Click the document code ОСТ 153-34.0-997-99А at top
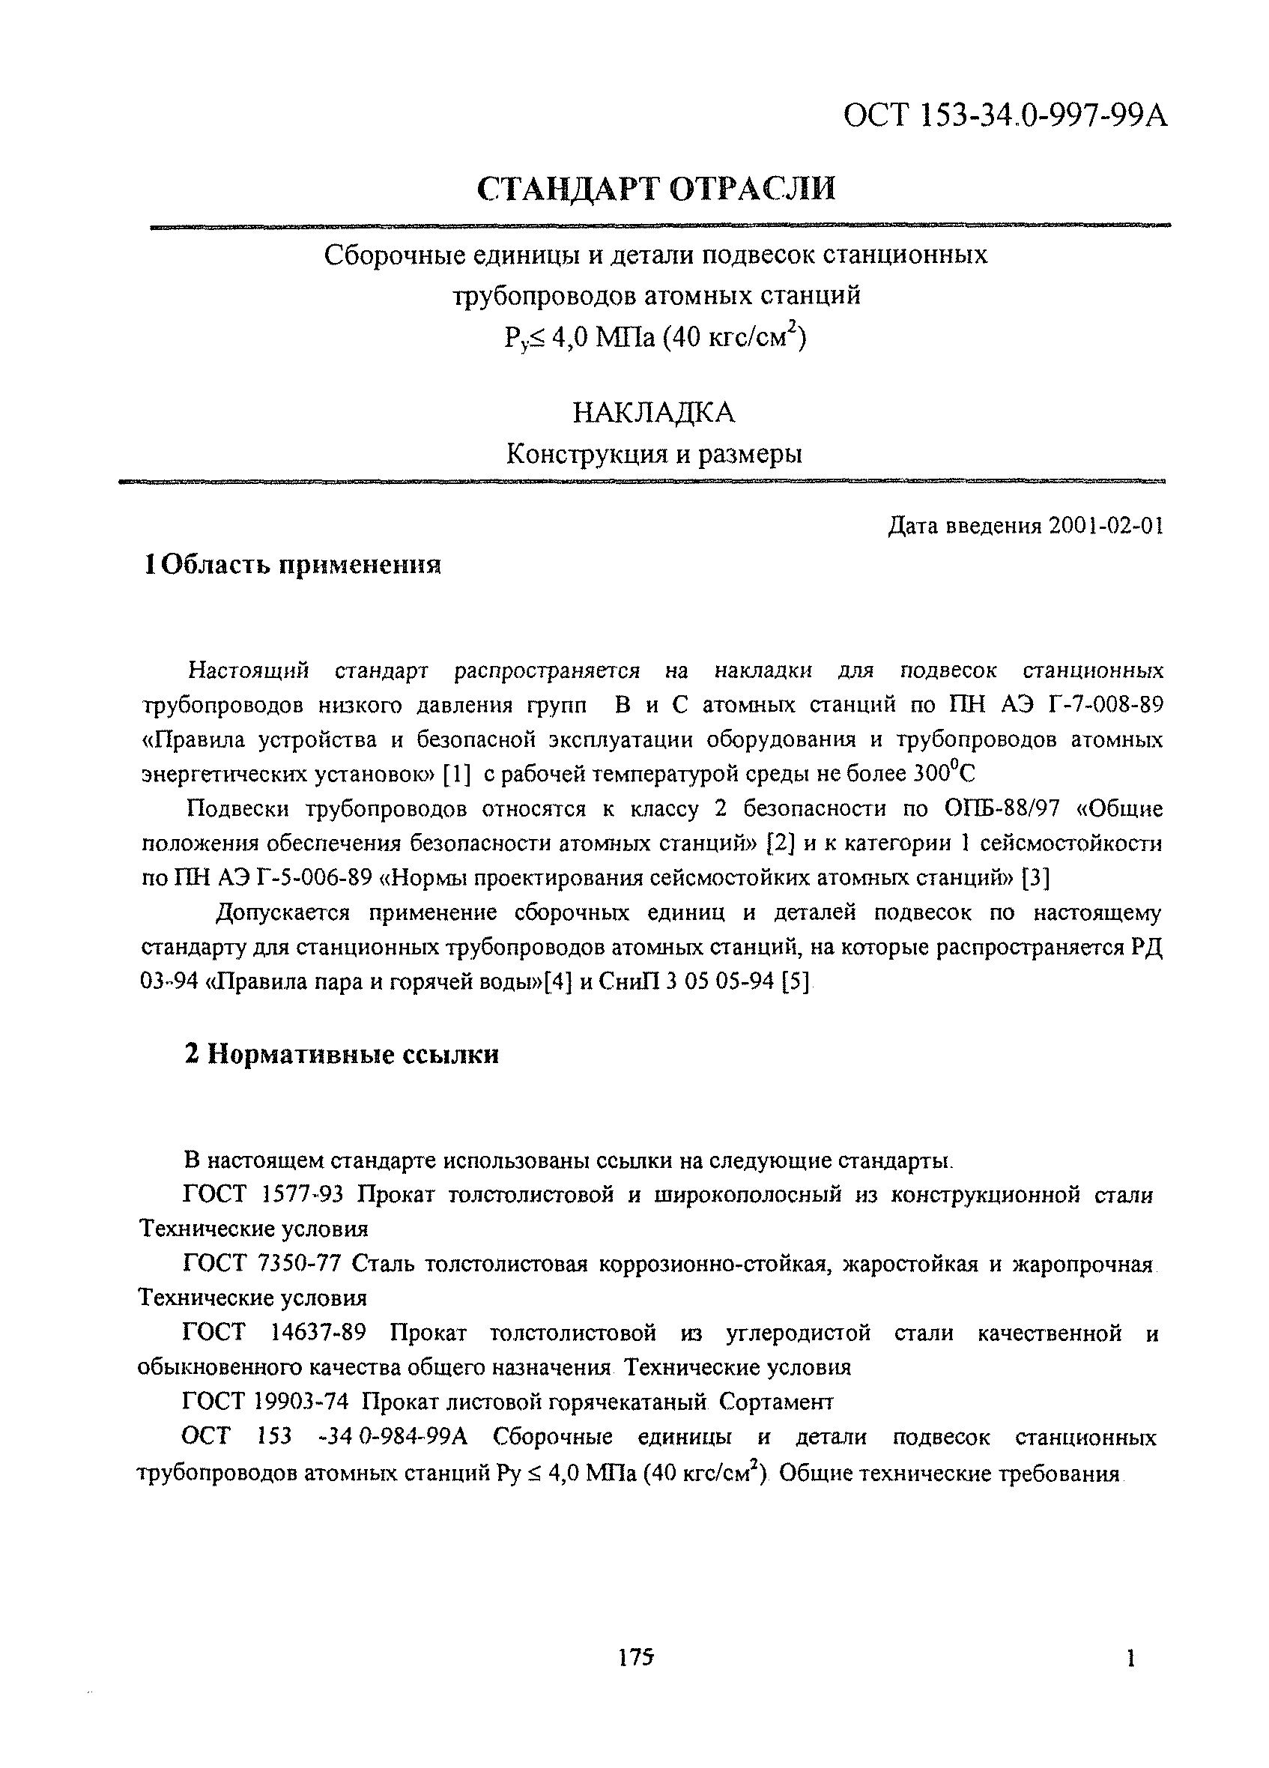tap(1006, 116)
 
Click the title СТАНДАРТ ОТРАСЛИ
tap(656, 190)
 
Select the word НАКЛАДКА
tap(653, 412)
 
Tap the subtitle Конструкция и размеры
tap(653, 454)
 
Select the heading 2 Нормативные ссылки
tap(342, 1054)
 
